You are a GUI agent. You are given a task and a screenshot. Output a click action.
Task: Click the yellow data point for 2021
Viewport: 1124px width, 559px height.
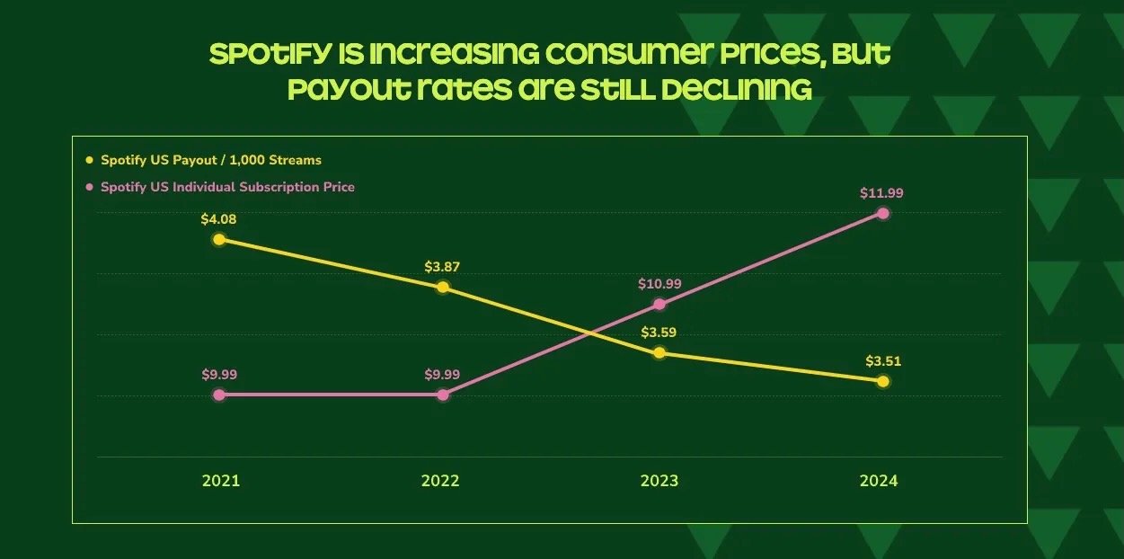[x=218, y=239]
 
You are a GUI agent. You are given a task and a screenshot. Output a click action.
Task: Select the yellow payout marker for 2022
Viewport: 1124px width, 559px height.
[x=442, y=288]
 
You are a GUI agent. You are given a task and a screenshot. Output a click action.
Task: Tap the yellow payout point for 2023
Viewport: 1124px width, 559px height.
[x=659, y=352]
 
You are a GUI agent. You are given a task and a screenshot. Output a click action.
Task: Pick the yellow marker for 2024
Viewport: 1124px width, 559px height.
[x=883, y=381]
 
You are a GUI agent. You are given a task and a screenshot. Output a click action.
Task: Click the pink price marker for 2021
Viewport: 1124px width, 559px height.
[x=218, y=395]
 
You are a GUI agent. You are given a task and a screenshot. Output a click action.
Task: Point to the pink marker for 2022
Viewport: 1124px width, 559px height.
[x=442, y=395]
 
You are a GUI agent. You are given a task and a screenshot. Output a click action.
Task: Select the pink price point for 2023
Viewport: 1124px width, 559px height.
[x=659, y=304]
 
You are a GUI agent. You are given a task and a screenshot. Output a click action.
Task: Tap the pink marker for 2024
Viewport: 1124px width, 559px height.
[x=883, y=213]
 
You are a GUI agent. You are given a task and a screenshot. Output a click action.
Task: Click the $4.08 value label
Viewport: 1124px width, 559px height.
[x=218, y=218]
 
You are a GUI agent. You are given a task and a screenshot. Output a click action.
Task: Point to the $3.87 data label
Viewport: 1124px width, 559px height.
[x=442, y=267]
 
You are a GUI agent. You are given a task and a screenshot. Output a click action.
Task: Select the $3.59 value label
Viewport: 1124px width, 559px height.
[x=659, y=333]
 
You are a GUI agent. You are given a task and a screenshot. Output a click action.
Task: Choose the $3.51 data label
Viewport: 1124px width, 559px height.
[x=883, y=361]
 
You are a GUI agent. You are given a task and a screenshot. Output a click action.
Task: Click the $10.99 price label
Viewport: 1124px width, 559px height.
[x=659, y=284]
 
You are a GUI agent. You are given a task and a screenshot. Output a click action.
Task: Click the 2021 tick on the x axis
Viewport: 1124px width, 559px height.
[x=221, y=481]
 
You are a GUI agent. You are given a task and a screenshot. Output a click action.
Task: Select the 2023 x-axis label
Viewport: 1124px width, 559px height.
[x=659, y=481]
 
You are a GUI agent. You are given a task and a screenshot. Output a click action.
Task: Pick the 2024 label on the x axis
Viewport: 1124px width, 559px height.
[x=879, y=481]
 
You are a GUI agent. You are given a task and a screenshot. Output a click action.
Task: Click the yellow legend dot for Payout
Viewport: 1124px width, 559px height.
[x=89, y=160]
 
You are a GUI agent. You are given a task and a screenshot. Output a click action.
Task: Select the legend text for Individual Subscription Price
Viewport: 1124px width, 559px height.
[x=227, y=187]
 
